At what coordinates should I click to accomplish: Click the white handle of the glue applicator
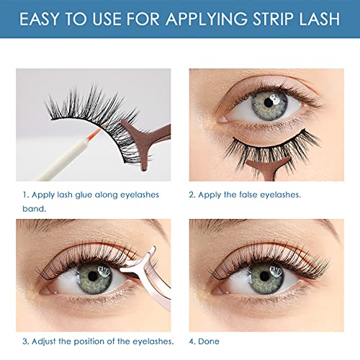[x=50, y=166]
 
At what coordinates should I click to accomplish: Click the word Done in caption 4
[x=211, y=341]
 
